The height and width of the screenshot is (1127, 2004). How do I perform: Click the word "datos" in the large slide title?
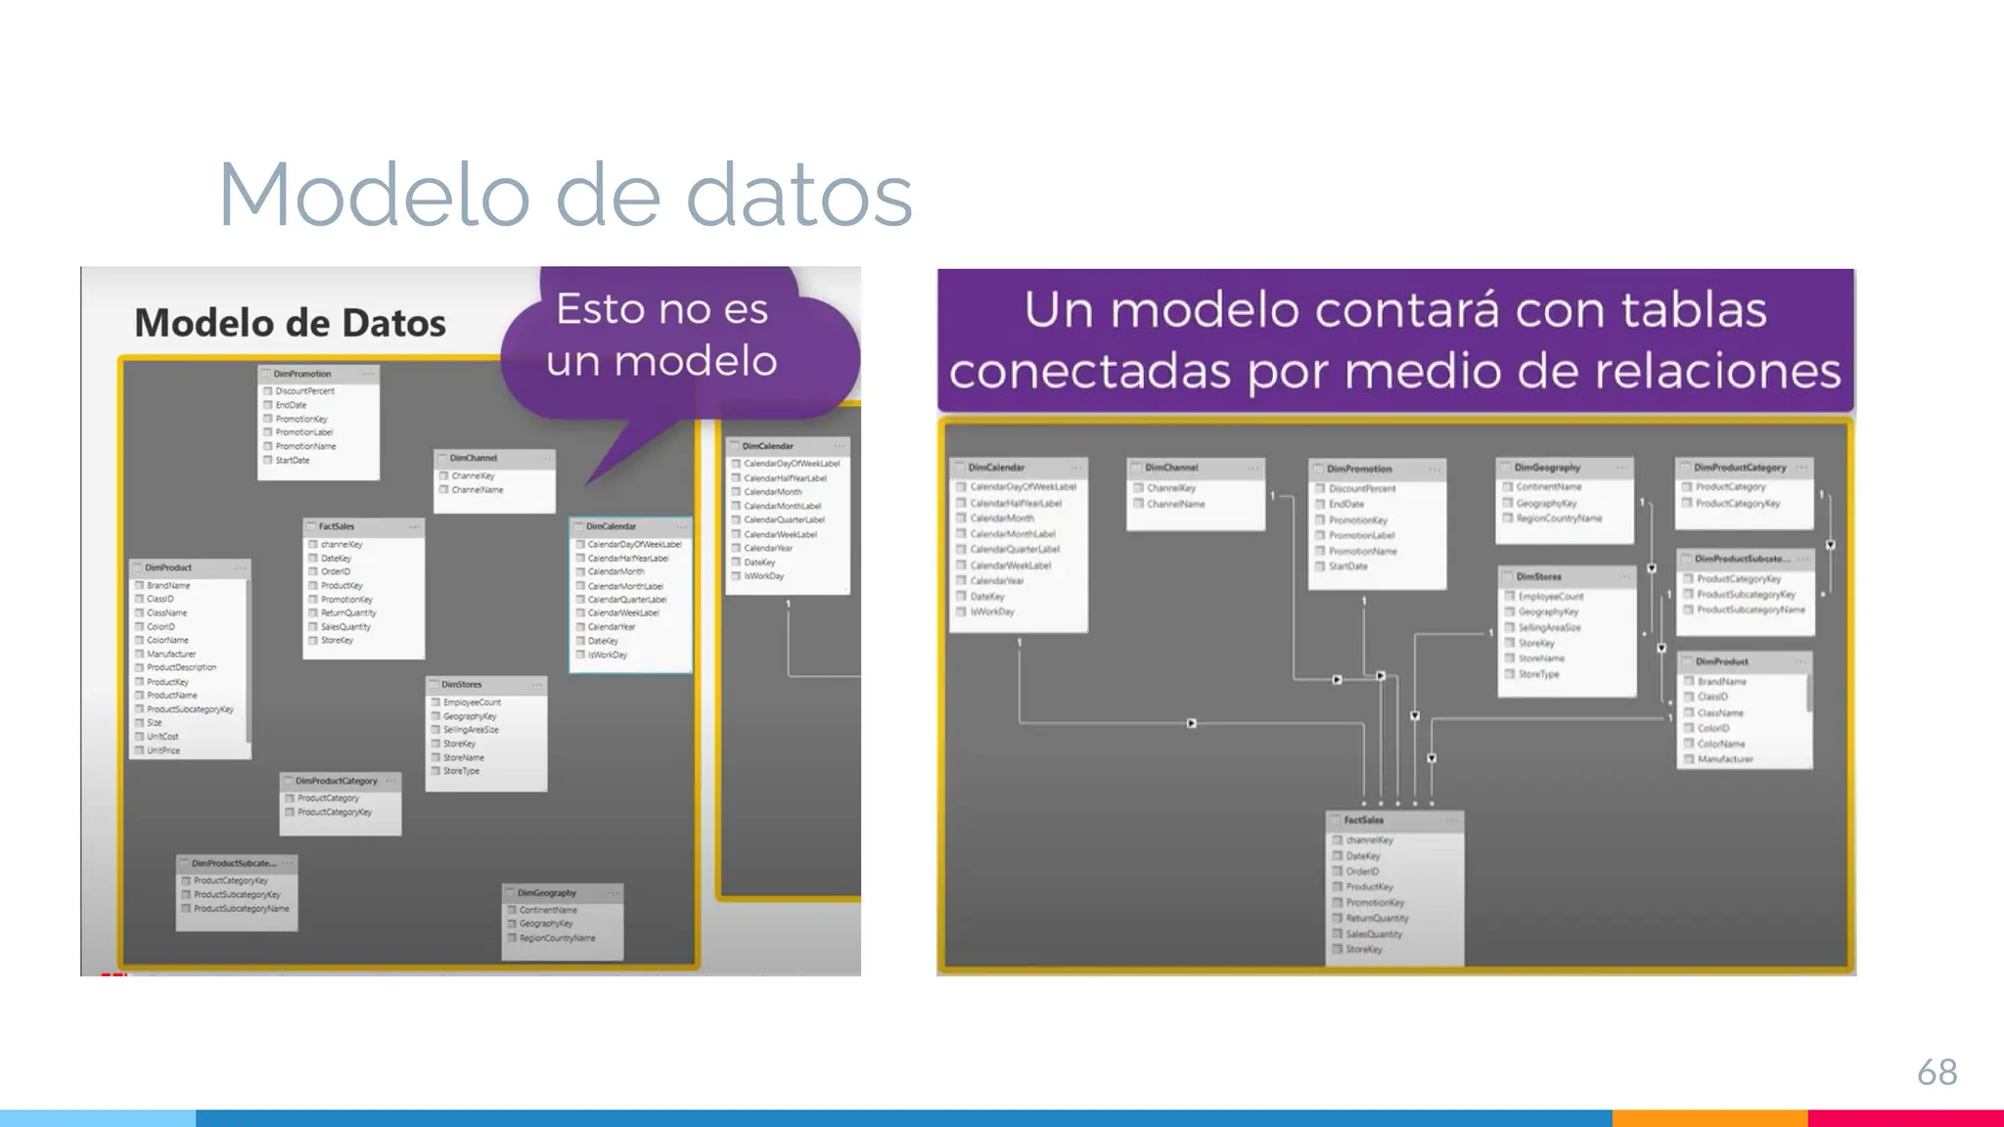798,196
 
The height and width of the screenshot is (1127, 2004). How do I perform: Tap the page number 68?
1936,1072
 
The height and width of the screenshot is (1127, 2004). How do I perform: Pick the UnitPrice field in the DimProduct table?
163,750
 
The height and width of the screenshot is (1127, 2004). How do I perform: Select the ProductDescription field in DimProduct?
181,667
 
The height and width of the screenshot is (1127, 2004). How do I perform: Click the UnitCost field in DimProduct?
162,737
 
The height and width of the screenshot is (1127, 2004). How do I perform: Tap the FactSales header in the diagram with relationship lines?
1363,820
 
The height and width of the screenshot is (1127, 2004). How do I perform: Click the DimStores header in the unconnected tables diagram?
461,685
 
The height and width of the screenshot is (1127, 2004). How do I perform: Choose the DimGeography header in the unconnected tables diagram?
547,893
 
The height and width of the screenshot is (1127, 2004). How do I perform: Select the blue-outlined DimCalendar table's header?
612,526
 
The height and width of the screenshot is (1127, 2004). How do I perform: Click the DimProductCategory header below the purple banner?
1740,468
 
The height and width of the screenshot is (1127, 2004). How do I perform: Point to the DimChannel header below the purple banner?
1171,468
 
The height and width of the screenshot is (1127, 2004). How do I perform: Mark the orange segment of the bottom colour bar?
1709,1118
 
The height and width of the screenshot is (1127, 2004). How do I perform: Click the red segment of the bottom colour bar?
1905,1118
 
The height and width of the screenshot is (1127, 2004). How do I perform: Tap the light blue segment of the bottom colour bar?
98,1118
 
